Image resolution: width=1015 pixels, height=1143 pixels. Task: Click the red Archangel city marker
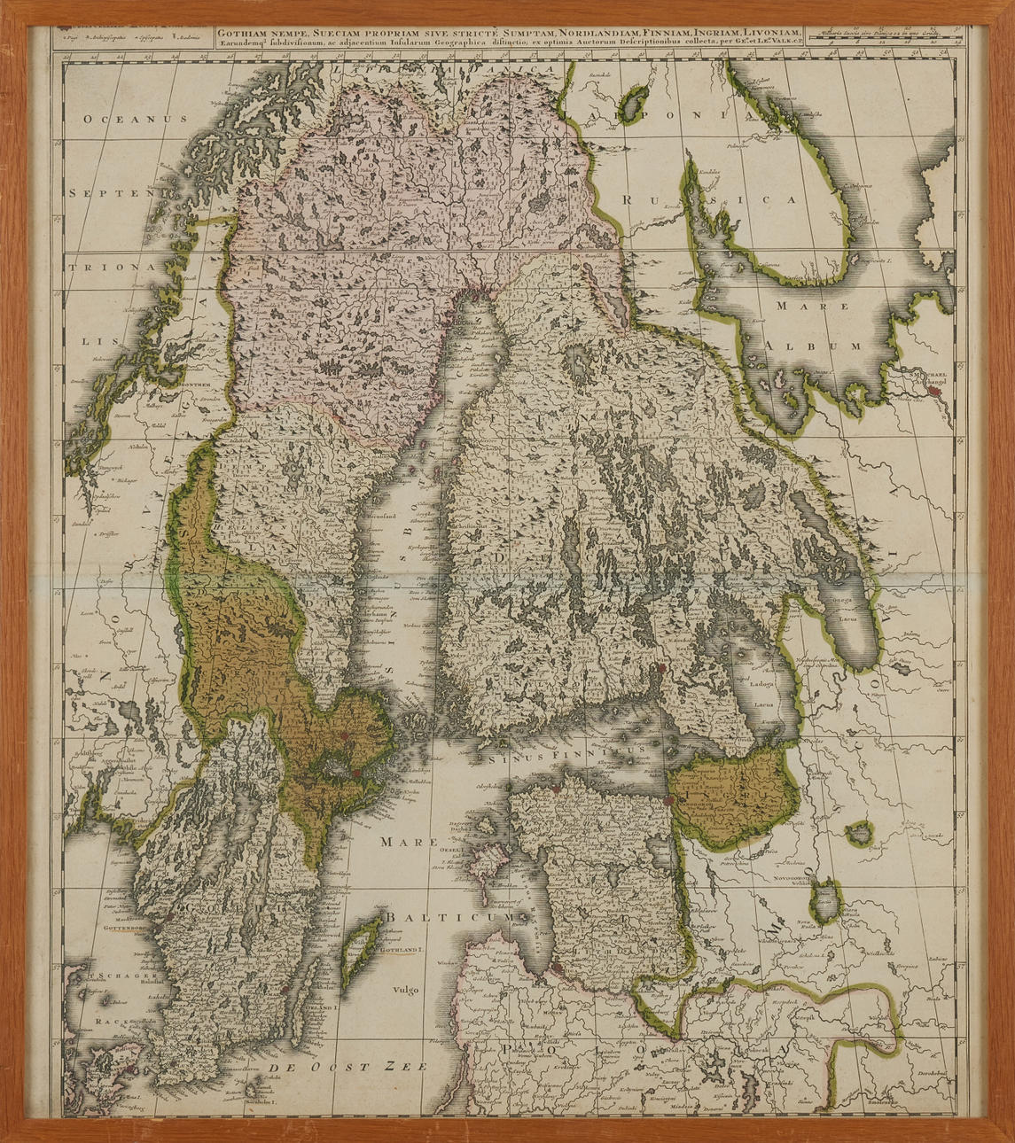[x=933, y=388]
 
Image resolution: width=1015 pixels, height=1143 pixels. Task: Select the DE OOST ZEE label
[x=349, y=1067]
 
